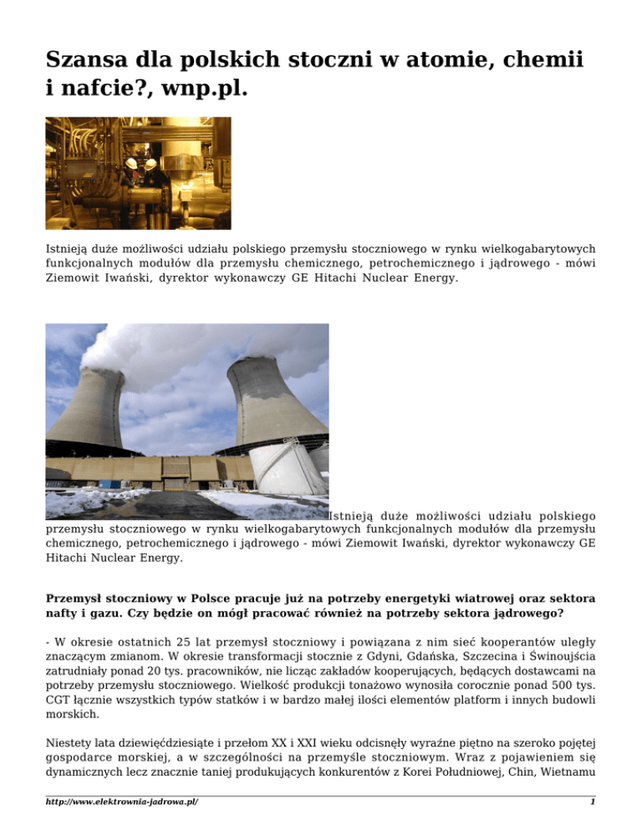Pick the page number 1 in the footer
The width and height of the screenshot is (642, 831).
[593, 803]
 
